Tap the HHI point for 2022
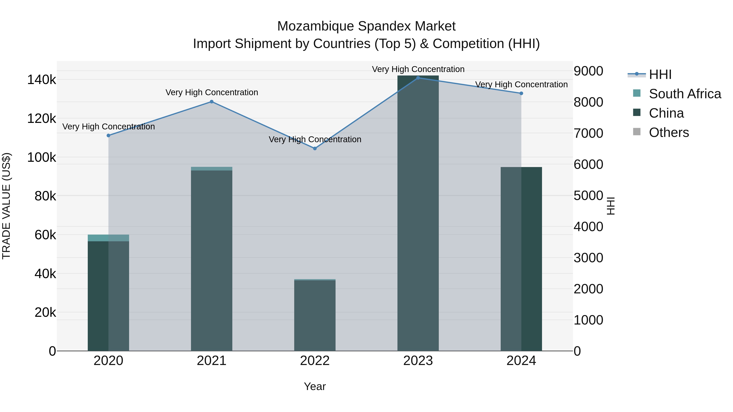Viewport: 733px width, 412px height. (x=315, y=149)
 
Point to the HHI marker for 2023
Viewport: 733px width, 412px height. (x=418, y=78)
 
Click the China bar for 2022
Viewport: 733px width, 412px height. (x=315, y=316)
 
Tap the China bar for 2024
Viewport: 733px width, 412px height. (x=521, y=259)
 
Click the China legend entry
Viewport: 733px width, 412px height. (x=666, y=113)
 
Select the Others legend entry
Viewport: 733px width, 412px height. (x=669, y=132)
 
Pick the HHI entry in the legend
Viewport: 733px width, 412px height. (x=660, y=74)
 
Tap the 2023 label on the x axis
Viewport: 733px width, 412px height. (x=418, y=361)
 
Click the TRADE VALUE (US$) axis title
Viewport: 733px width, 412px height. (x=7, y=206)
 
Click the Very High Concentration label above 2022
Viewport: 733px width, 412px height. (x=315, y=140)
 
